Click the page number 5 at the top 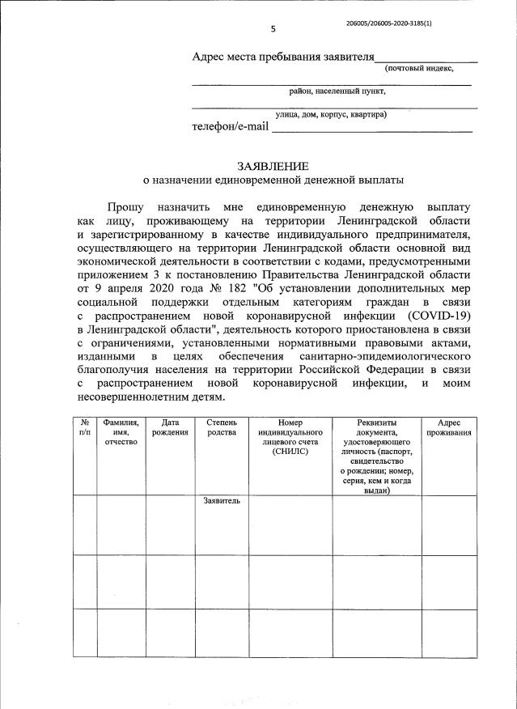(x=273, y=29)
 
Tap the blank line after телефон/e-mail (x=371, y=127)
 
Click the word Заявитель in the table (x=222, y=501)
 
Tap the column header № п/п (x=85, y=427)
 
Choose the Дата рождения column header (x=170, y=427)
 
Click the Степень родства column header (x=222, y=427)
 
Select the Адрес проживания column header (x=449, y=427)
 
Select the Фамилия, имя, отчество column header (x=121, y=432)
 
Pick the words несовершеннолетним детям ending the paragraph (x=146, y=396)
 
